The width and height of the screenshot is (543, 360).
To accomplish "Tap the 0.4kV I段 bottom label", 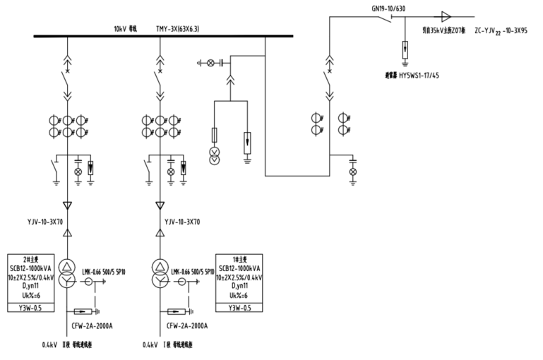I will click(x=167, y=346).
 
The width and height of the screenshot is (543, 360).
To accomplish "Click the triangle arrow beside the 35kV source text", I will click(x=446, y=16).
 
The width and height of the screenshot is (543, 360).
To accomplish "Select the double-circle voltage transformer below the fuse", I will click(x=214, y=157).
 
